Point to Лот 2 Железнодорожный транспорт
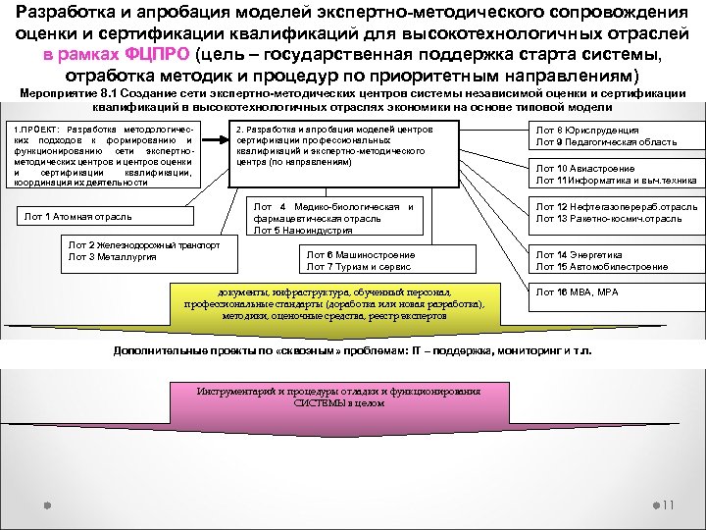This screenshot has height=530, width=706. click(143, 244)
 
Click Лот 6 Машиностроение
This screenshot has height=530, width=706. click(360, 255)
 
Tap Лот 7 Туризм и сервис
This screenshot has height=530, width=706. click(358, 266)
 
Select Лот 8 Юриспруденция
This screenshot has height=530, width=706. click(586, 131)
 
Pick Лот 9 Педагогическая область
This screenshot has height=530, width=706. click(605, 142)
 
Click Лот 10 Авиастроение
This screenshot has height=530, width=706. click(584, 169)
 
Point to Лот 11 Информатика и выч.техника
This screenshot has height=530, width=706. click(615, 181)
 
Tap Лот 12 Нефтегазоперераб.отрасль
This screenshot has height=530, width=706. click(616, 207)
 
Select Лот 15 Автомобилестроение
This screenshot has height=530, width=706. click(601, 266)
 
